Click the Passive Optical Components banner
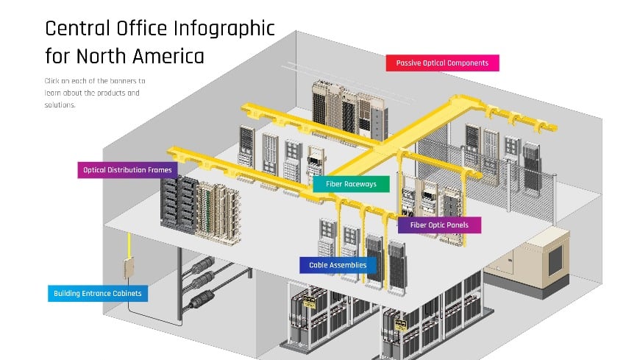coord(442,63)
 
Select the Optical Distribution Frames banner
coord(127,170)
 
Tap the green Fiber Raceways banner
coord(351,184)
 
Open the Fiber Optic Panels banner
coord(439,225)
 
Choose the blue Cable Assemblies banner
coord(338,265)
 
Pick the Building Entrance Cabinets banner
coord(98,294)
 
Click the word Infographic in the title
coord(224,29)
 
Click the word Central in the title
coord(77,29)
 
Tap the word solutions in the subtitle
coord(60,105)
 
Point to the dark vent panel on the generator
coord(555,260)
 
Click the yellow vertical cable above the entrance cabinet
coord(129,245)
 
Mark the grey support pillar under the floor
coord(179,283)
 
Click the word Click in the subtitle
coord(51,81)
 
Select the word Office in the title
coord(142,29)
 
